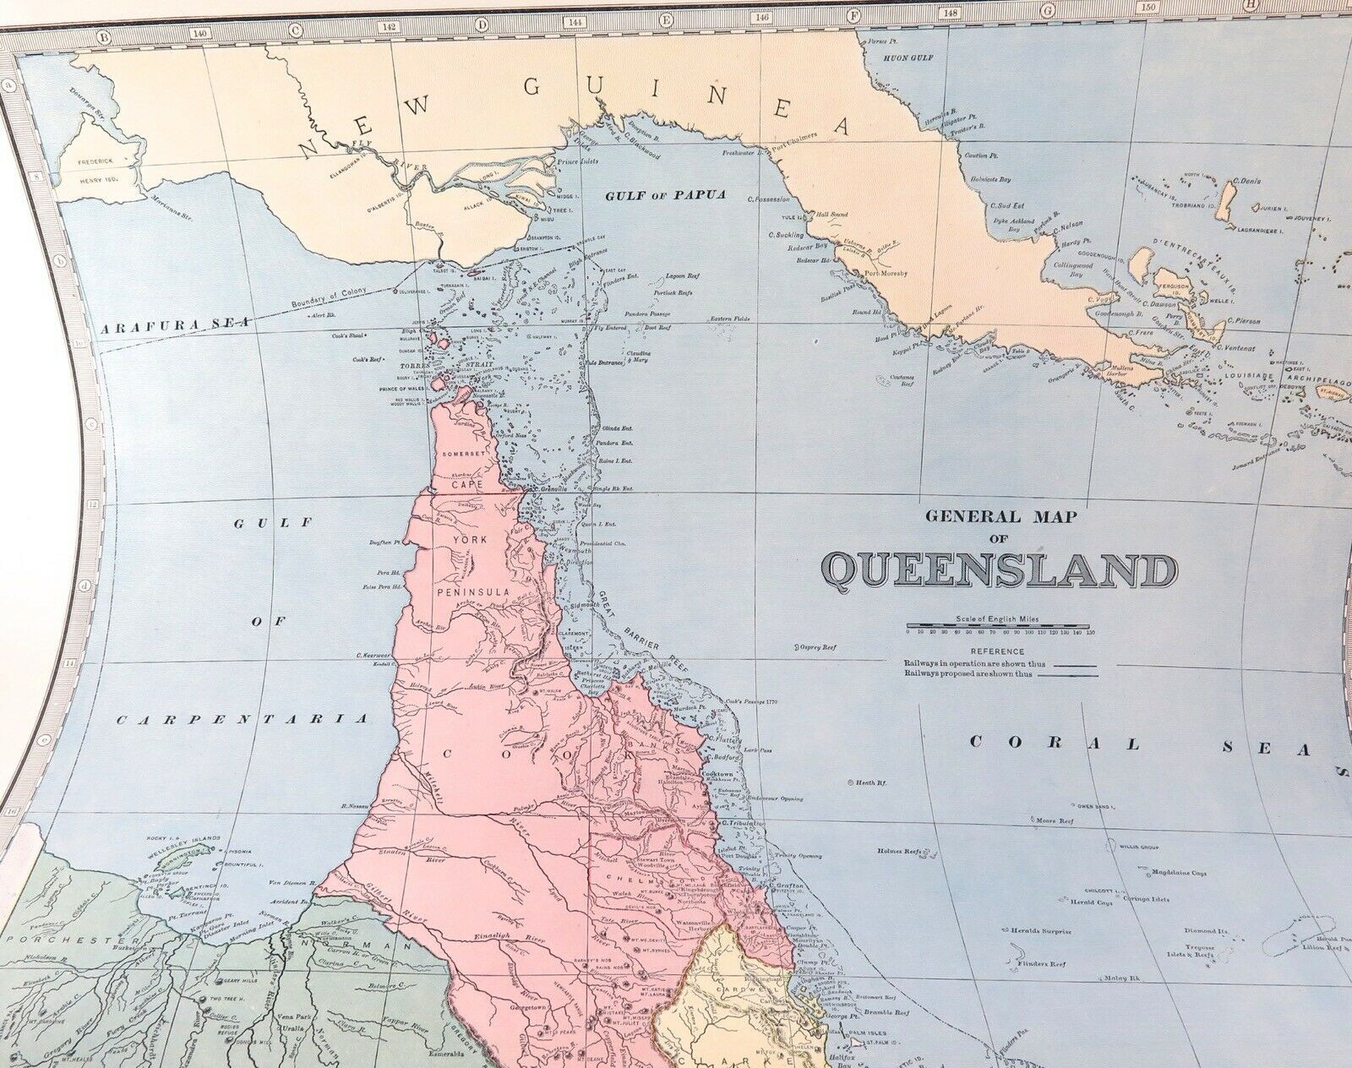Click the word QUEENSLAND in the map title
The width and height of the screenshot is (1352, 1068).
(1000, 572)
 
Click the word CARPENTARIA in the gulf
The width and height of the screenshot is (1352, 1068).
(243, 721)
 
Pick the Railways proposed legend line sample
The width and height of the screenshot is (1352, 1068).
(1074, 674)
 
